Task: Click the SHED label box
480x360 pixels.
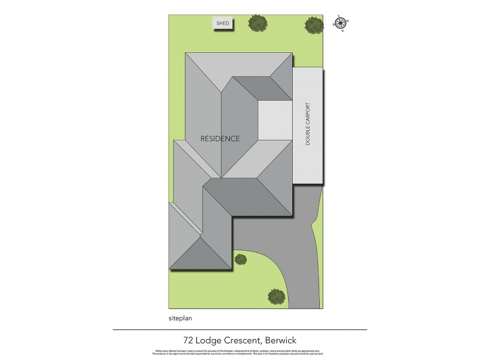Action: [223, 23]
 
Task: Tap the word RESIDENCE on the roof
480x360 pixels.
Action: [220, 139]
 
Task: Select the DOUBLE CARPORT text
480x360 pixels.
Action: [308, 126]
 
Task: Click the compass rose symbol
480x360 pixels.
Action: [340, 24]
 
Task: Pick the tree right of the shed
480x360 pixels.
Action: [258, 23]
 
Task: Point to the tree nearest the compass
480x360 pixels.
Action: [313, 25]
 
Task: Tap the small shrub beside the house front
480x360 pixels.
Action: [241, 259]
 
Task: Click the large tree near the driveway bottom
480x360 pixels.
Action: [276, 296]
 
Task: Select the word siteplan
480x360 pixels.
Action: [181, 319]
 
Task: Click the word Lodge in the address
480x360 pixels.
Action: [205, 339]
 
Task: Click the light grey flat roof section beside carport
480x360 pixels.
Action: [275, 120]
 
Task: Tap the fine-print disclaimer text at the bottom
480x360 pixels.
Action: [239, 352]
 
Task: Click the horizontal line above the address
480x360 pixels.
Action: [239, 329]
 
